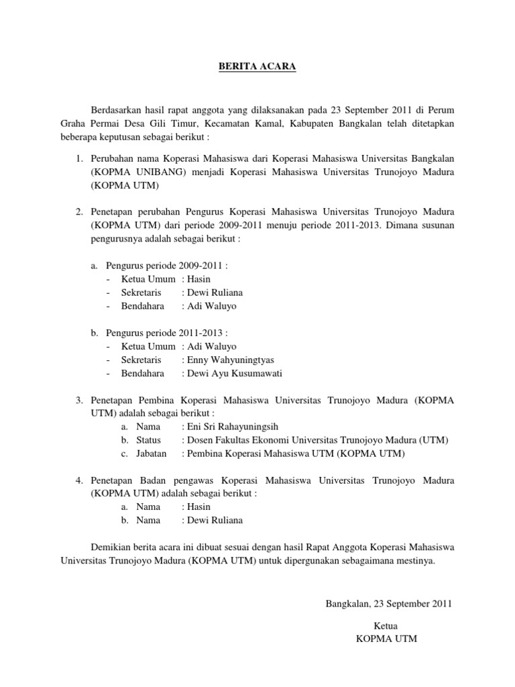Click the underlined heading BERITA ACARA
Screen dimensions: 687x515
(x=257, y=66)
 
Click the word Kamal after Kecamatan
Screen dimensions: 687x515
(x=274, y=123)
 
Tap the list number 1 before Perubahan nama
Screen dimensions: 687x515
(x=78, y=158)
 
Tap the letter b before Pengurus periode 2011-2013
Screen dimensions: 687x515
(x=95, y=332)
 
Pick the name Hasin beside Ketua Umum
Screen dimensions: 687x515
(x=199, y=278)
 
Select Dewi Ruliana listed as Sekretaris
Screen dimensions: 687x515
(x=215, y=293)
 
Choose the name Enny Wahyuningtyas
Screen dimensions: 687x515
(x=231, y=360)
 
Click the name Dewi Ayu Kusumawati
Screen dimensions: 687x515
(x=235, y=373)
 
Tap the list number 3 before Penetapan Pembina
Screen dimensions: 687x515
(x=78, y=400)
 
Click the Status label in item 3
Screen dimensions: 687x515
(x=148, y=440)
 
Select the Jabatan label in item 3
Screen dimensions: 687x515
(x=152, y=454)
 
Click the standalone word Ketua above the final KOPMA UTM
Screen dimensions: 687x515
(x=386, y=625)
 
